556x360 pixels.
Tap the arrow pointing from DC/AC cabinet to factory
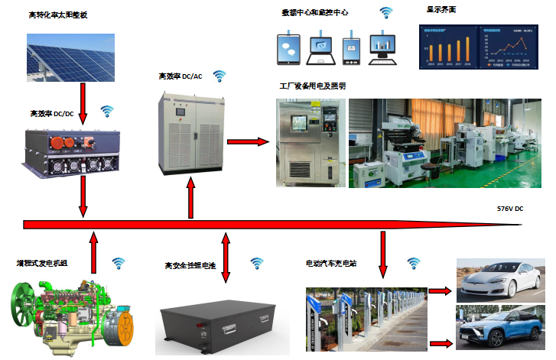tap(249, 141)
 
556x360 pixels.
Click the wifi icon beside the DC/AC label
tap(219, 76)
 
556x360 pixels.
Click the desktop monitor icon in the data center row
tap(382, 49)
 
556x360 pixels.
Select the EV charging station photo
tap(363, 314)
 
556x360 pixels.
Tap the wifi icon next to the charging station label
tap(414, 263)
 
